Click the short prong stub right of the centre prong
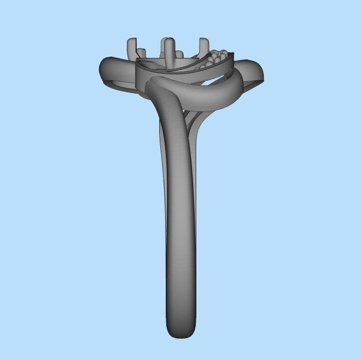pos(179,55)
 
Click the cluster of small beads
pos(217,57)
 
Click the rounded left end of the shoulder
pos(104,70)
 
